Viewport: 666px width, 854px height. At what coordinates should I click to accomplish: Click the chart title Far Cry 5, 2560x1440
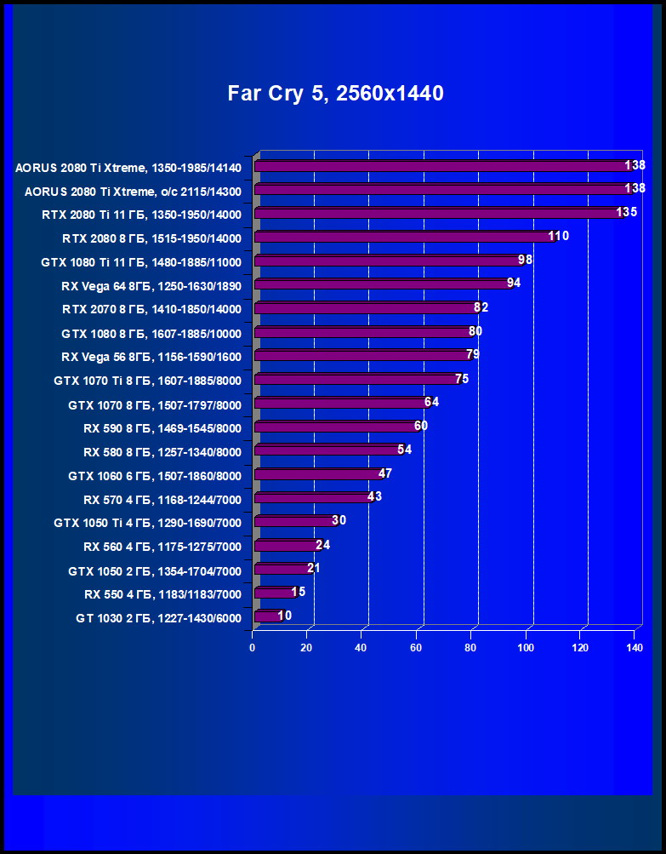click(x=335, y=94)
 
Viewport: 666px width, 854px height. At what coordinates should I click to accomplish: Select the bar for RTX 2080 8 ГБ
click(x=404, y=237)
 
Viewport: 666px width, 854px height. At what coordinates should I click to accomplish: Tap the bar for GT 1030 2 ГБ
click(x=268, y=616)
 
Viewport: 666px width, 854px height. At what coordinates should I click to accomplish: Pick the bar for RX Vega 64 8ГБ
click(x=383, y=284)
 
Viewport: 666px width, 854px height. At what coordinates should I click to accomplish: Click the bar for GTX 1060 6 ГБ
click(x=319, y=474)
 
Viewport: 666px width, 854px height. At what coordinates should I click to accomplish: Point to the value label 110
click(x=558, y=236)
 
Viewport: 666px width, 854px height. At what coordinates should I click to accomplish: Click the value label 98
click(x=525, y=260)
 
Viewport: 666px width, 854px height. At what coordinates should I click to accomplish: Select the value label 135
click(x=627, y=212)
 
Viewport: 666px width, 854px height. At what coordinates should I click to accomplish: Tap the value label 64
click(x=431, y=402)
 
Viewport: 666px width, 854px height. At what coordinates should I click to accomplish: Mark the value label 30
click(x=339, y=520)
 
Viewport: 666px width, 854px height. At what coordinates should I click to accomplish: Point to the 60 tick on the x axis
click(x=417, y=649)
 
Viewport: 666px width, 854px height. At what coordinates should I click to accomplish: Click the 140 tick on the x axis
click(x=634, y=649)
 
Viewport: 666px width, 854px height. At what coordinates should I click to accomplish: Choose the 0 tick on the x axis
click(x=253, y=649)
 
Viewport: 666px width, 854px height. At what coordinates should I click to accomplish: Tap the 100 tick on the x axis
click(x=525, y=649)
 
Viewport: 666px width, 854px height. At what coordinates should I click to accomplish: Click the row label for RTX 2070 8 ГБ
click(x=151, y=309)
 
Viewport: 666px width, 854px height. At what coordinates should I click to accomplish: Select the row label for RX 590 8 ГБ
click(x=162, y=428)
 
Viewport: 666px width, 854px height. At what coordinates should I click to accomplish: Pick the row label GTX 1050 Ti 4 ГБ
click(x=147, y=523)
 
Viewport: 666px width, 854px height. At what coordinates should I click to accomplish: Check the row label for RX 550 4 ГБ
click(x=162, y=594)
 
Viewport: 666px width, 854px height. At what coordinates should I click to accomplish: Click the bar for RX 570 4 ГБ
click(x=314, y=498)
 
